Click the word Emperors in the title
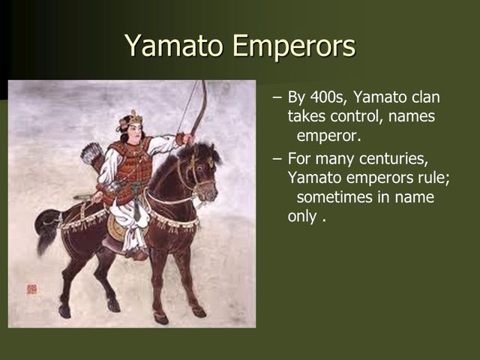[x=294, y=46]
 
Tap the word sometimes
[x=334, y=197]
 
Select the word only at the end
[x=303, y=217]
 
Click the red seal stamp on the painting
[x=31, y=288]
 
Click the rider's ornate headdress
[x=133, y=117]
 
